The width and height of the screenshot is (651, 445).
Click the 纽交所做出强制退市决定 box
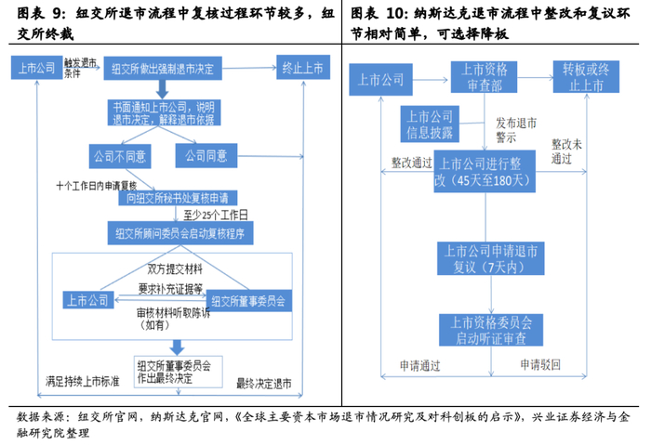pyautogui.click(x=162, y=70)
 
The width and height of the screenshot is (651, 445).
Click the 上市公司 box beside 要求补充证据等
pyautogui.click(x=87, y=300)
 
